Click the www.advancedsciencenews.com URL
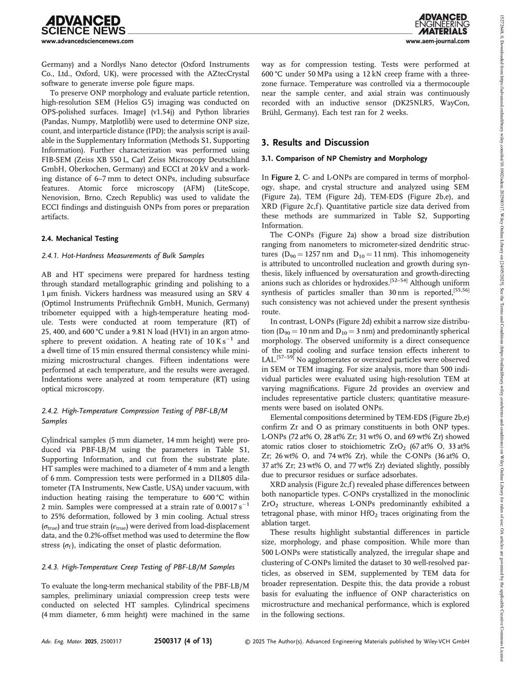pos(87,42)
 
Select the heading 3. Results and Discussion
pos(315,142)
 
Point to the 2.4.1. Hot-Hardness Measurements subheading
pos(116,255)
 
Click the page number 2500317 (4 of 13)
pos(183,641)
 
